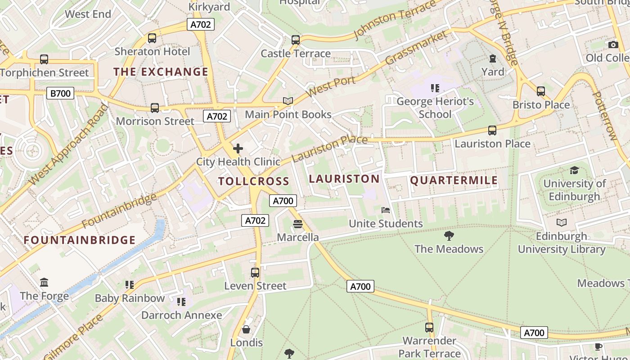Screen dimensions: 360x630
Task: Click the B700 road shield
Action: (x=60, y=93)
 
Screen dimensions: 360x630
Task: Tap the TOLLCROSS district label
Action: (x=253, y=181)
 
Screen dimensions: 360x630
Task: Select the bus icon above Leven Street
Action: (x=255, y=272)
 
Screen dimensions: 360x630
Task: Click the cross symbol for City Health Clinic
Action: (x=238, y=148)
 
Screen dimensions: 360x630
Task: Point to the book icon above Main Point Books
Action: (x=288, y=101)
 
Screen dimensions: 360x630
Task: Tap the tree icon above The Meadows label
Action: (x=449, y=236)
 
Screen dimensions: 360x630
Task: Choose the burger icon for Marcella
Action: (x=297, y=224)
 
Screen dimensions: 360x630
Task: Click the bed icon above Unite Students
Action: (x=386, y=210)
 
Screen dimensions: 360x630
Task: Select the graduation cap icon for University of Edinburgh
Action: (x=574, y=170)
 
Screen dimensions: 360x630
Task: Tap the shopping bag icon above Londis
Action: (x=246, y=329)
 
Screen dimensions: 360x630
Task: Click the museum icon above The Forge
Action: (x=44, y=283)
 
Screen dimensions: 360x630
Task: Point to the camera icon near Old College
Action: (x=613, y=45)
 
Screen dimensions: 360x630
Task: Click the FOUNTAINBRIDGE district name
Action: (x=80, y=240)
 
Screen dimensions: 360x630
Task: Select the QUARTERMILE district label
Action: (x=454, y=180)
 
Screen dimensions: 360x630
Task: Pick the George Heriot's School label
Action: (x=435, y=108)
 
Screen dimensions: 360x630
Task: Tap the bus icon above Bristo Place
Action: (x=541, y=91)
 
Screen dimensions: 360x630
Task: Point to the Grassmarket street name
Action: (x=417, y=48)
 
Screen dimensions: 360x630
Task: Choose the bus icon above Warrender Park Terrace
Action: (x=429, y=327)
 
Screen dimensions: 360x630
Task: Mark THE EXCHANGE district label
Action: (x=161, y=72)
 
